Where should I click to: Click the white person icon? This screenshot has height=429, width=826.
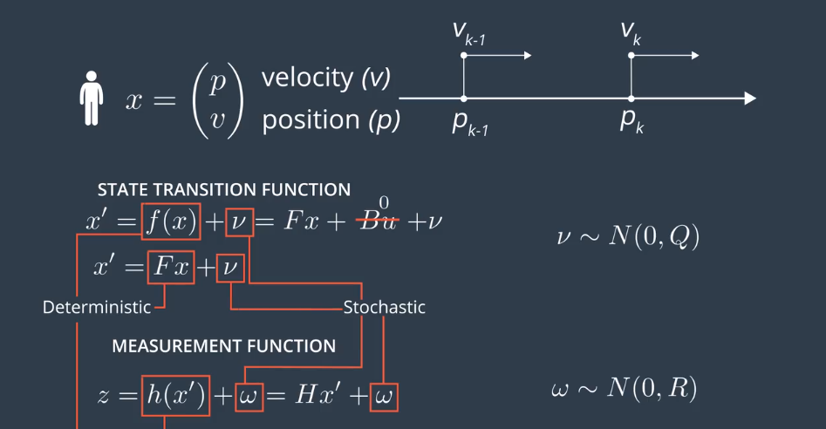(x=91, y=99)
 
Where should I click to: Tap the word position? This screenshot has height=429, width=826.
(x=311, y=120)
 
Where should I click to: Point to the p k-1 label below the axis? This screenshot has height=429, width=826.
(x=469, y=123)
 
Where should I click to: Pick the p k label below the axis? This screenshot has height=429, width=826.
(x=631, y=121)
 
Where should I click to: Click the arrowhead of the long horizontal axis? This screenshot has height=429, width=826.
(x=749, y=99)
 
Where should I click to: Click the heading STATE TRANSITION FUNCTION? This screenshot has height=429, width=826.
(x=224, y=189)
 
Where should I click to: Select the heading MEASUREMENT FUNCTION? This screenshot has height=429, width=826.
(x=223, y=346)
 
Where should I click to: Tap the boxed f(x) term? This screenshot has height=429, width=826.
(x=171, y=222)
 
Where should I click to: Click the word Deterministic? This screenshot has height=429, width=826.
(x=96, y=307)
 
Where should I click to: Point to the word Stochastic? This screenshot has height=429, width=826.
(x=384, y=307)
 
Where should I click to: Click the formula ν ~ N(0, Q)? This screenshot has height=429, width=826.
(x=627, y=236)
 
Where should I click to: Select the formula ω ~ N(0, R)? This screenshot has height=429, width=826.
(x=625, y=389)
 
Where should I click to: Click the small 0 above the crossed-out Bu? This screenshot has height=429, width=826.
(x=384, y=203)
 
